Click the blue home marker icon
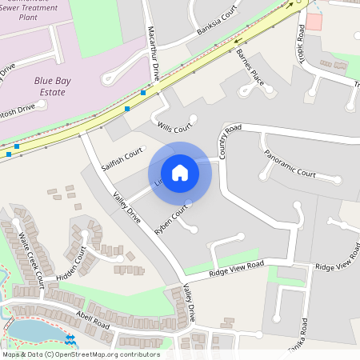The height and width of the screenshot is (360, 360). [180, 172]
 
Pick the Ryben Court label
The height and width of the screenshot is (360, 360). [171, 218]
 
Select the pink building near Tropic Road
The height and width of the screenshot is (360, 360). [314, 22]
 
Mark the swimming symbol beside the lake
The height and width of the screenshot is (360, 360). [70, 340]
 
